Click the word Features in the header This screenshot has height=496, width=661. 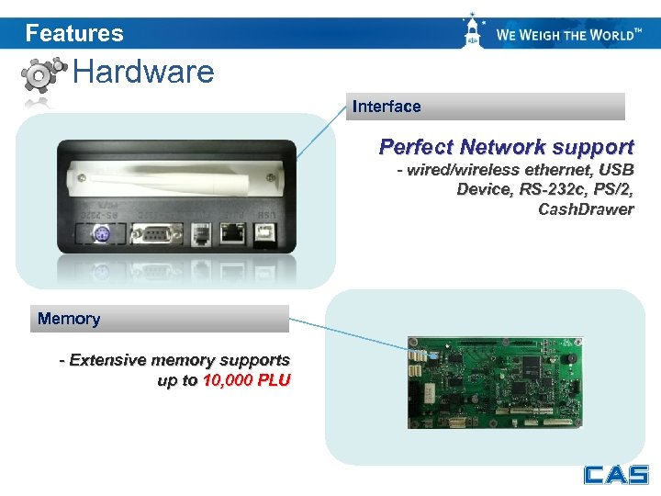(74, 34)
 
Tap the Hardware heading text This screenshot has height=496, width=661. (143, 72)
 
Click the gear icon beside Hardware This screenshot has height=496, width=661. (43, 74)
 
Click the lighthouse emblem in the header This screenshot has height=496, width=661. (473, 32)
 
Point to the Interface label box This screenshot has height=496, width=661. (487, 107)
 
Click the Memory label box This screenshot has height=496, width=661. (160, 319)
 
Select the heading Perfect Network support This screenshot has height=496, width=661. (506, 147)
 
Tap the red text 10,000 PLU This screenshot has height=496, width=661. (246, 380)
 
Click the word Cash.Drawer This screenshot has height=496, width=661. (586, 209)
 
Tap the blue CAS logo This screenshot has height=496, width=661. (615, 475)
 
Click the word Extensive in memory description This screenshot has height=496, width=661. (107, 360)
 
